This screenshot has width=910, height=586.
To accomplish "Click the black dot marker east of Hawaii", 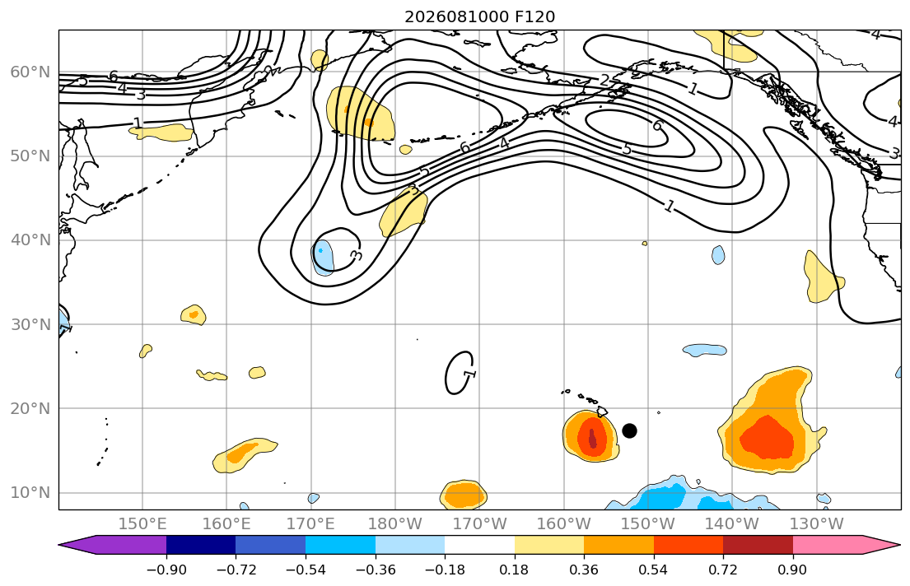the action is [629, 430].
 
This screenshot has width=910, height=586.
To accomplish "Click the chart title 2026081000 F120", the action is [479, 16].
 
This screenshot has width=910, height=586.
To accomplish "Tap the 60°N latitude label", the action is [30, 72].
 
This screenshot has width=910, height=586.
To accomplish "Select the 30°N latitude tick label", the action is [30, 324].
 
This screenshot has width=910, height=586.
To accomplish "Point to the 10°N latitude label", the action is [30, 493].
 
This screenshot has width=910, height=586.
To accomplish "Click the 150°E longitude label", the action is [142, 524].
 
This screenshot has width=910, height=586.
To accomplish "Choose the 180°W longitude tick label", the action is [395, 524].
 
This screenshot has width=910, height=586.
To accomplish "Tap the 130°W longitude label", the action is [817, 524].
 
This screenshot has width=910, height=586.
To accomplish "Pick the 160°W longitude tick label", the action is [564, 524].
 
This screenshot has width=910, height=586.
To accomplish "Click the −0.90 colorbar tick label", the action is [166, 570].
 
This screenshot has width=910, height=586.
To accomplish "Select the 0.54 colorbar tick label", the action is [654, 570].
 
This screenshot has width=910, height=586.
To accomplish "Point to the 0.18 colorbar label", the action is [514, 570].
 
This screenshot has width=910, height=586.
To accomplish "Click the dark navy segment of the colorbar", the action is [201, 545].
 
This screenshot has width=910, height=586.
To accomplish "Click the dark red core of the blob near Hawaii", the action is [592, 438].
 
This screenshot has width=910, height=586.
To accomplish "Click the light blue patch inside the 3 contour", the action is [323, 258].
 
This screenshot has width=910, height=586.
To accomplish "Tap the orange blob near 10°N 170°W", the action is [464, 495].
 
